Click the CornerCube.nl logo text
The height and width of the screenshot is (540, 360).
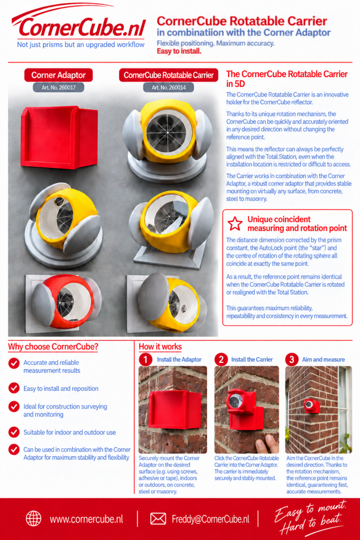tap(82, 28)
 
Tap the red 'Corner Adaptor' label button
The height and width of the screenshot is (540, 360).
tap(59, 75)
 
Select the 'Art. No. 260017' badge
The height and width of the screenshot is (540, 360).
tap(59, 88)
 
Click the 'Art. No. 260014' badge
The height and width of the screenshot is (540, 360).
tap(169, 88)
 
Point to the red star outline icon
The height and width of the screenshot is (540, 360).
tap(235, 224)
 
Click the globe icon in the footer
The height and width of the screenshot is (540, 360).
tap(34, 518)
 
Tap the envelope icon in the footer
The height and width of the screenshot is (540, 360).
tap(158, 518)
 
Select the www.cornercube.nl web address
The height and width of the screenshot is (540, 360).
tap(86, 519)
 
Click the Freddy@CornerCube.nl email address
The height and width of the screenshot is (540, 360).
tap(211, 519)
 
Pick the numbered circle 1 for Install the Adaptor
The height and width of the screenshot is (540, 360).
tap(145, 359)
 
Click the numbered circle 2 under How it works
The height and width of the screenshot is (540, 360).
tap(221, 359)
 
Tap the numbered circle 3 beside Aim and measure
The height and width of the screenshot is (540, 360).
tap(292, 359)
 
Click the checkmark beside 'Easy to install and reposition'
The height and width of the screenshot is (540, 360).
tap(14, 388)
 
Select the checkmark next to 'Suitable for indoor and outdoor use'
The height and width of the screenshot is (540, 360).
tap(14, 432)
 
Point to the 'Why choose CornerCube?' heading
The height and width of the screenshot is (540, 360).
tap(53, 347)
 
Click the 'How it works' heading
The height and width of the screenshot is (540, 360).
tap(160, 347)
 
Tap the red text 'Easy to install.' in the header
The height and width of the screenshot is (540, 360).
tap(179, 51)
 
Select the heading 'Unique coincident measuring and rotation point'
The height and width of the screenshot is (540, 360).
tap(297, 224)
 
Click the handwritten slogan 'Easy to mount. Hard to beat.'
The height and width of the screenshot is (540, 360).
tap(311, 518)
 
